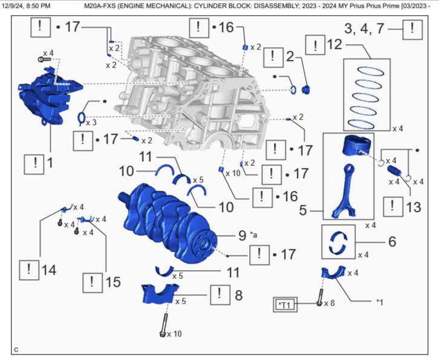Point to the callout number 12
tap(333, 45)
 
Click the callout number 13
tap(412, 207)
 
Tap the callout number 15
tap(112, 281)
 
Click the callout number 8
tap(238, 295)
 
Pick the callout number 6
tap(392, 241)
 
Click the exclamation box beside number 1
tap(34, 162)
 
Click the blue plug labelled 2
tap(305, 90)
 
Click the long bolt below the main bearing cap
tap(163, 324)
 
